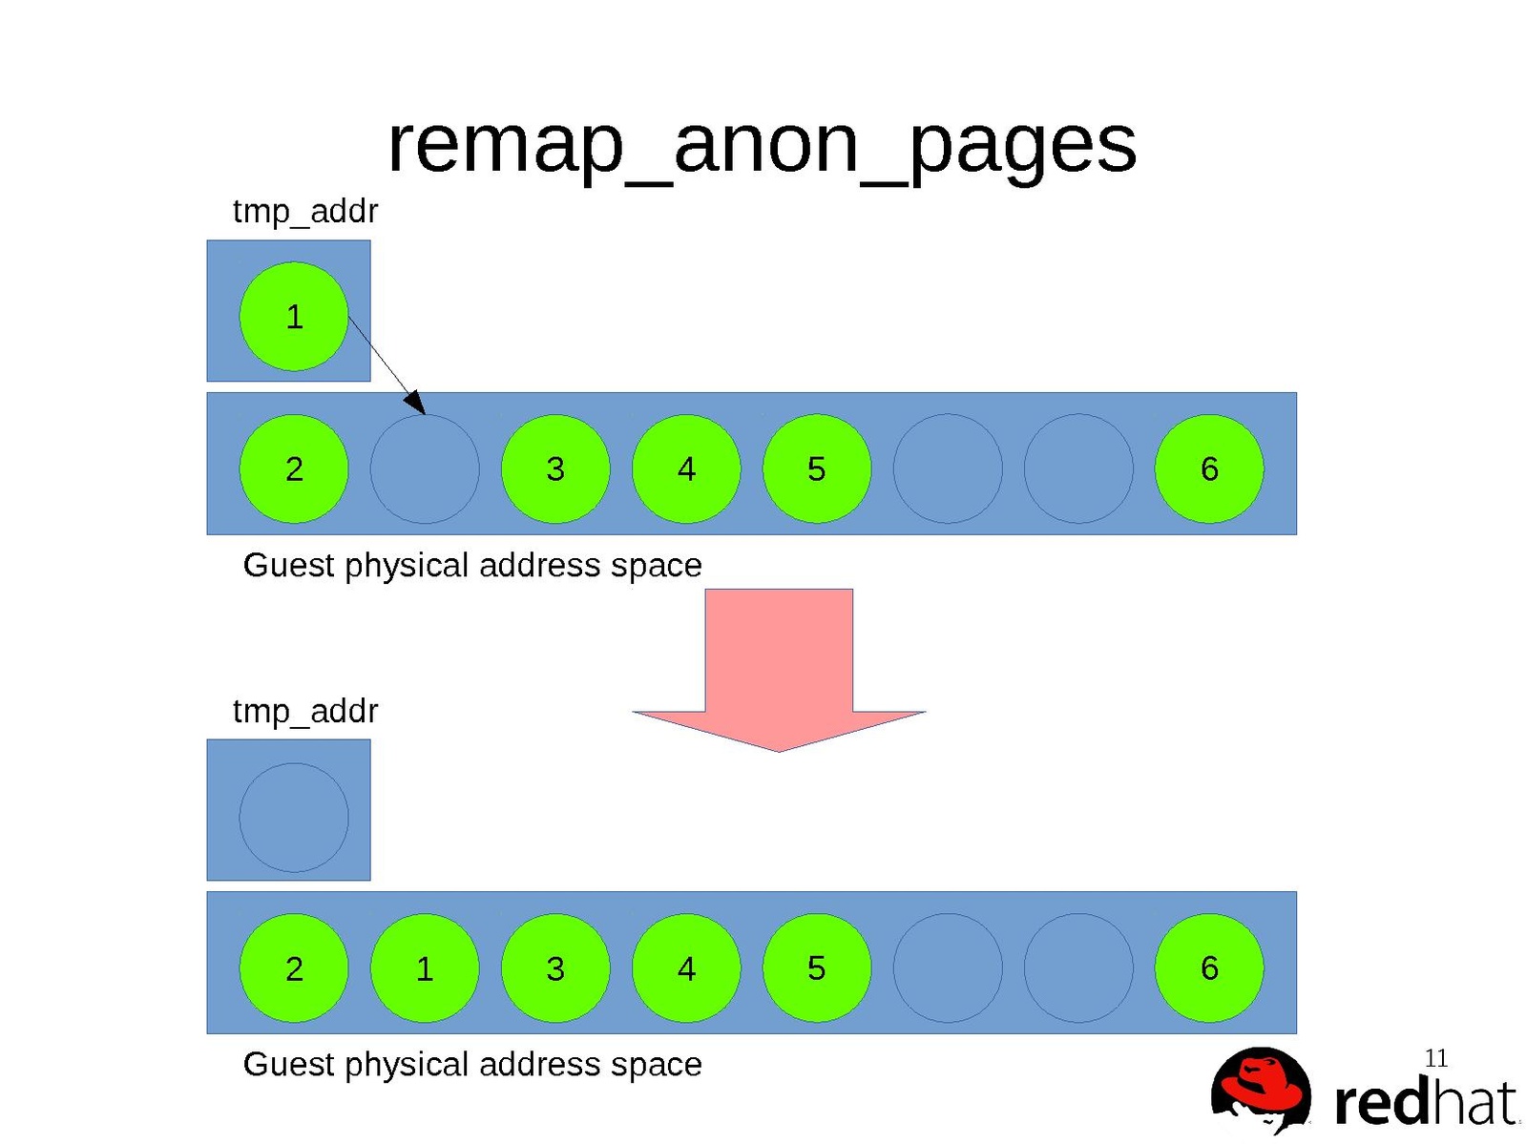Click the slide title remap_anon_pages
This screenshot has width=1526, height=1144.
pos(762,145)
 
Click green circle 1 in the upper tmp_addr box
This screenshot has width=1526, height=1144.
pos(294,316)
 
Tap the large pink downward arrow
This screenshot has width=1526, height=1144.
pos(779,668)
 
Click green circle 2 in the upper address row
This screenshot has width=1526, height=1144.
pos(294,468)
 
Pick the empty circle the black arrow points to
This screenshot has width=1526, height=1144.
pos(425,468)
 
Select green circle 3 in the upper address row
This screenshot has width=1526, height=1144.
pos(555,468)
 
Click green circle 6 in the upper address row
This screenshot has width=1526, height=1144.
pos(1209,468)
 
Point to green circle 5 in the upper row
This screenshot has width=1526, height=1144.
pos(817,468)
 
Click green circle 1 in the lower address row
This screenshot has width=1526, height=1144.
pos(425,968)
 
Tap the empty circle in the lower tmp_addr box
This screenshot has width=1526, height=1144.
pos(294,817)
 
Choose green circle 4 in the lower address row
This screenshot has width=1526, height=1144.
pos(686,968)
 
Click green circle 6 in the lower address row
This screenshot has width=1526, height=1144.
pos(1209,968)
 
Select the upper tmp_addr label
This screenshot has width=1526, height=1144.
pos(305,211)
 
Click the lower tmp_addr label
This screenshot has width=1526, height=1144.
pos(305,711)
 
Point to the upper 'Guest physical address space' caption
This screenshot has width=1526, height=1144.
pos(472,565)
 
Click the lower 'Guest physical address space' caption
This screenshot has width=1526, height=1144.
pos(472,1064)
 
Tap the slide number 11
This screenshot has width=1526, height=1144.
pos(1436,1058)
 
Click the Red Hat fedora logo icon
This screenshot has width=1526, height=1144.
pos(1261,1092)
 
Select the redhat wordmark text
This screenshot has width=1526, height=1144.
pos(1425,1103)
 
